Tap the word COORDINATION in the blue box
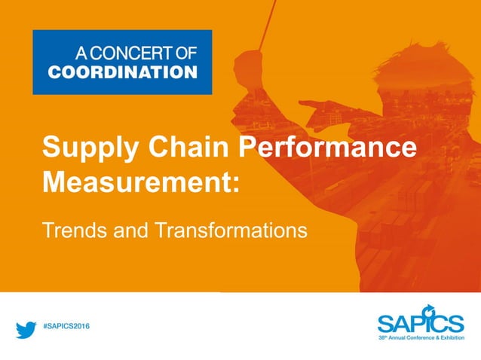click(x=122, y=72)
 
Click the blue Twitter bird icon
click(x=26, y=329)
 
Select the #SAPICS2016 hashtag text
click(x=70, y=326)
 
